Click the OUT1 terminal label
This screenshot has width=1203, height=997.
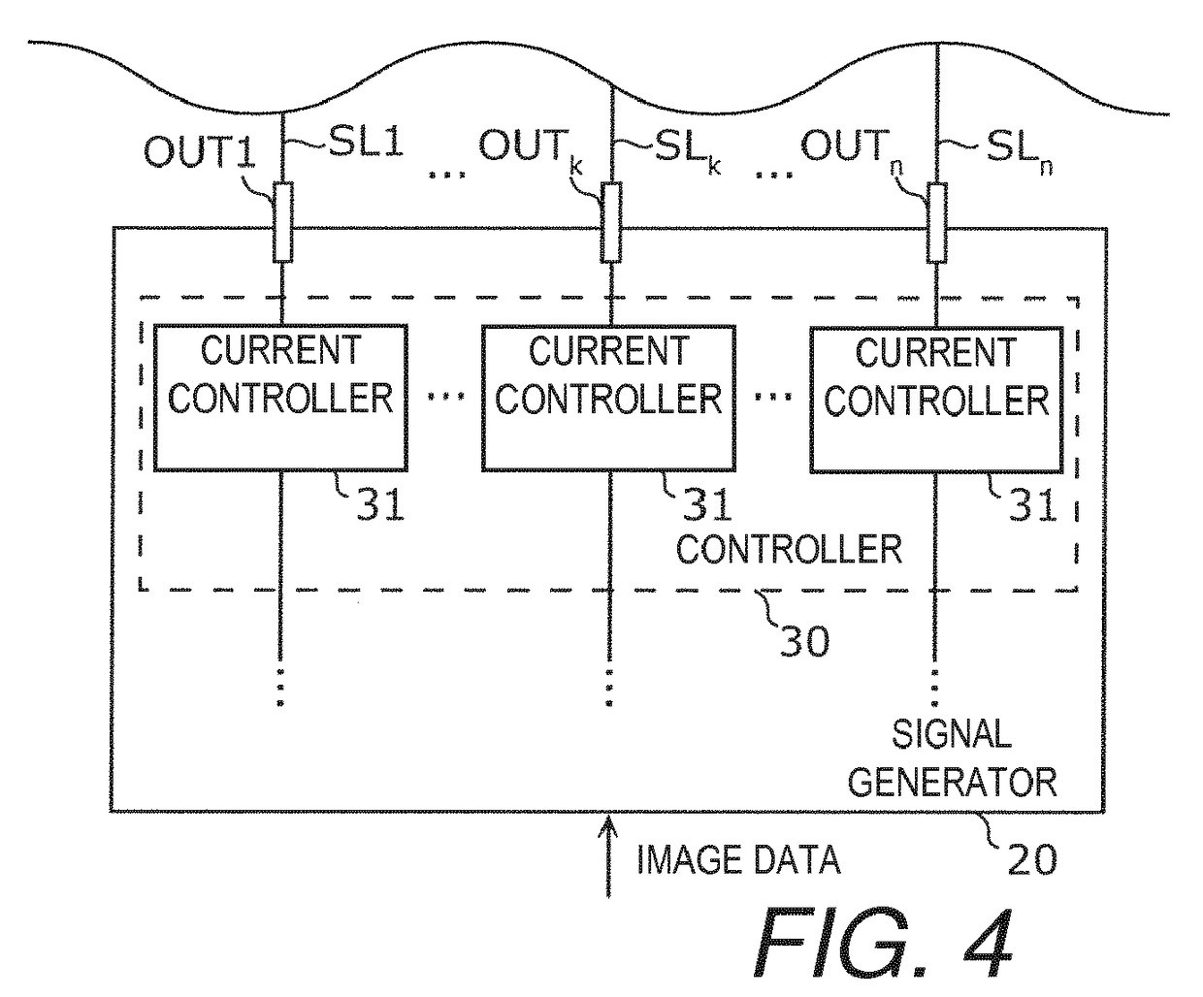(x=199, y=151)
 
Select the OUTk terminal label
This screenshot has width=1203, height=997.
(x=531, y=149)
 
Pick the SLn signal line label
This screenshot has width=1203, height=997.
(x=1020, y=152)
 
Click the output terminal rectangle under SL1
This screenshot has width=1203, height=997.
(x=282, y=222)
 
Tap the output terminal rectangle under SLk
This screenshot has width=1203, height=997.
(x=611, y=222)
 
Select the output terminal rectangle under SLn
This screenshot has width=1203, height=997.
(x=936, y=223)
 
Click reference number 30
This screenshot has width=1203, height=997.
(x=804, y=640)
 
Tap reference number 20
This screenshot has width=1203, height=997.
(x=1032, y=860)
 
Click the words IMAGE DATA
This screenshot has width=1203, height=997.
(x=738, y=860)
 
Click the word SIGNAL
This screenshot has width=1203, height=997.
(x=952, y=734)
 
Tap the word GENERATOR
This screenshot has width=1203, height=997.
(x=953, y=782)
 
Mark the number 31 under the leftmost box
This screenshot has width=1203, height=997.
(x=380, y=504)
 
